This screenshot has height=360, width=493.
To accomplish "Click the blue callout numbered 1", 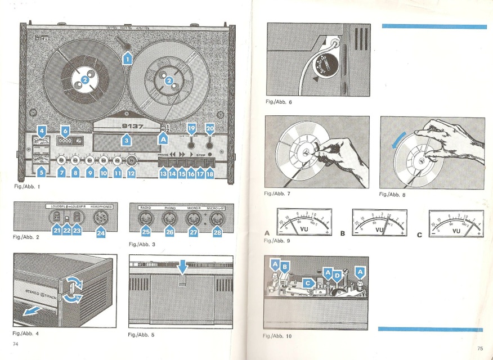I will point(127,57).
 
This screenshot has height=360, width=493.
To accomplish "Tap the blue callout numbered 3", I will point(127,140).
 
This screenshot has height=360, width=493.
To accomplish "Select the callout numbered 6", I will point(65,130).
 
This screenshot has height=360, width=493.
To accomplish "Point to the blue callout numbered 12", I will point(131,174).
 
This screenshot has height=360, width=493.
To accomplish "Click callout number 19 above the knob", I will point(191,129).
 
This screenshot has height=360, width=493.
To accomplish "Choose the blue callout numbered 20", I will point(210,129).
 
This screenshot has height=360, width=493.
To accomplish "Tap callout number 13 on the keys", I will point(163,174).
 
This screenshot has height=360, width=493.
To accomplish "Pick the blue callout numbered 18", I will point(210,174).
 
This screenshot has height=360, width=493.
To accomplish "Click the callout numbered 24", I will point(101,231).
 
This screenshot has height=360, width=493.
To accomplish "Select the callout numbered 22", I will point(66,229).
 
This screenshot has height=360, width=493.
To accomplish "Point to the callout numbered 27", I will point(193,231).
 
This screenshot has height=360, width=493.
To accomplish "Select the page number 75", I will point(479,348).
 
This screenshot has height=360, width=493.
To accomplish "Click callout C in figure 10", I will point(307,283).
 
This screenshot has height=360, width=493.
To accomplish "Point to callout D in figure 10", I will point(337,275).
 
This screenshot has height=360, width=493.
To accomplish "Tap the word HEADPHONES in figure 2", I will point(101,206).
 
